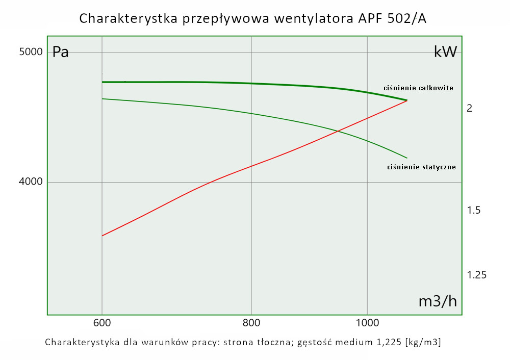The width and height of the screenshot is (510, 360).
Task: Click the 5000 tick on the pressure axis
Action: pyautogui.click(x=30, y=53)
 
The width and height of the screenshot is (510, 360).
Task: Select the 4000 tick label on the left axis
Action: pyautogui.click(x=30, y=182)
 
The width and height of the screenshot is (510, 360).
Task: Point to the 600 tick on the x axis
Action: pyautogui.click(x=102, y=323)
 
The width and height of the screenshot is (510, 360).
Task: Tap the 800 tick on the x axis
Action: pyautogui.click(x=251, y=323)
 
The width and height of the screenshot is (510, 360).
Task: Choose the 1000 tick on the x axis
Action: pyautogui.click(x=367, y=323)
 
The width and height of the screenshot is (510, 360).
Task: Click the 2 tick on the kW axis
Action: pyautogui.click(x=470, y=108)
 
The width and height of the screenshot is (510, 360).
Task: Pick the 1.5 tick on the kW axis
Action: pyautogui.click(x=474, y=210)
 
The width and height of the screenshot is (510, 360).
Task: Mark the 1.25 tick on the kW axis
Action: pyautogui.click(x=477, y=275)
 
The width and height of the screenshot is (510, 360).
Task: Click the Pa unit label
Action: pyautogui.click(x=61, y=53)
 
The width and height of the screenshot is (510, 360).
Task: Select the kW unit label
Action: pyautogui.click(x=445, y=52)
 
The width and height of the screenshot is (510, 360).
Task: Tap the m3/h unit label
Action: pyautogui.click(x=438, y=301)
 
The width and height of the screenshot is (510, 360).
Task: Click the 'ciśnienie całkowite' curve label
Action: pyautogui.click(x=418, y=88)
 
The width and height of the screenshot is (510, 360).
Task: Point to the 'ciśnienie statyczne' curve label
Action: pyautogui.click(x=421, y=167)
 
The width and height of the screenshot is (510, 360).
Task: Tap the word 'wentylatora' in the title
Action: pyautogui.click(x=311, y=19)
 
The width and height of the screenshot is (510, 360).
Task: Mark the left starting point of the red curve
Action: pyautogui.click(x=103, y=236)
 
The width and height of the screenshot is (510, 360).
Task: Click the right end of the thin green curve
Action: pyautogui.click(x=407, y=158)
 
